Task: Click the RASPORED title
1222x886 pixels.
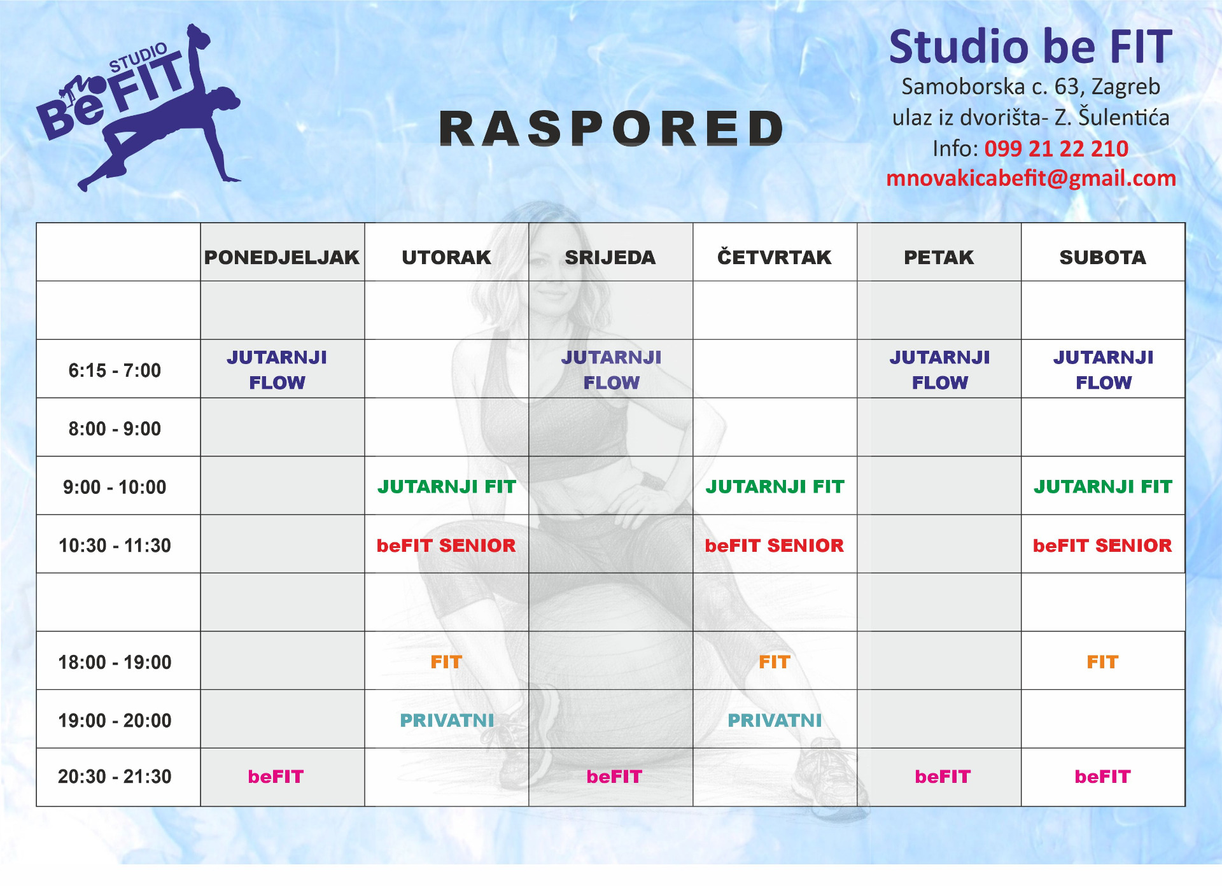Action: click(611, 129)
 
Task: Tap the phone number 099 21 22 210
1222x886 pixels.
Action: click(1057, 149)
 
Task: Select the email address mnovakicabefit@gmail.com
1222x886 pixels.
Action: click(1031, 179)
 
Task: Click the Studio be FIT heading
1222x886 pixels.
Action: click(1030, 46)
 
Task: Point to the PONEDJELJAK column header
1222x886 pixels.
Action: click(282, 257)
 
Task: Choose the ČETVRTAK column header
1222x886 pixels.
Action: click(775, 257)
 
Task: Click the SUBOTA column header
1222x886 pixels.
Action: click(1103, 257)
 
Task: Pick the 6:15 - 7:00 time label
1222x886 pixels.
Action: click(115, 370)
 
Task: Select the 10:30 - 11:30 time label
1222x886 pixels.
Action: click(115, 545)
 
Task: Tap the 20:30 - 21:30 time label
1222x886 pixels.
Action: click(115, 777)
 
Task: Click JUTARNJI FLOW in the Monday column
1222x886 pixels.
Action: click(277, 370)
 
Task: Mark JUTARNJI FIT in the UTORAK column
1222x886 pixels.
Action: click(447, 487)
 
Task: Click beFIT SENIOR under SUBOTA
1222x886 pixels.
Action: click(1102, 545)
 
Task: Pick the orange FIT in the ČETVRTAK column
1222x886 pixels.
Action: click(775, 662)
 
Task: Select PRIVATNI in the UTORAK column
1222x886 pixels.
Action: click(447, 721)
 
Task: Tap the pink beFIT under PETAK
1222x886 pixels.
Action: click(943, 777)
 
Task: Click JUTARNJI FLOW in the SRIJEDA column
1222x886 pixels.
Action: click(612, 370)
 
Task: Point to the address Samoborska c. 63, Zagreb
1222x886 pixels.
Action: click(1031, 87)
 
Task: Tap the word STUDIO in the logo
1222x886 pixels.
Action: click(138, 58)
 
